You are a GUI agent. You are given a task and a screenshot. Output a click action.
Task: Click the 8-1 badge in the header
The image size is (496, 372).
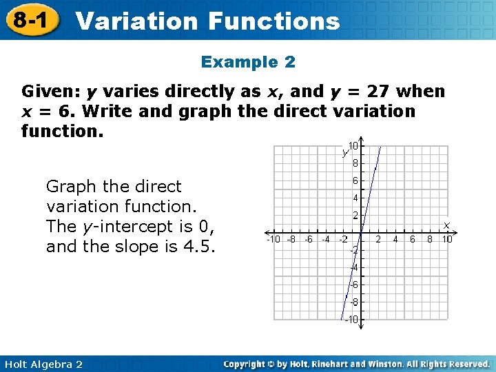click(29, 20)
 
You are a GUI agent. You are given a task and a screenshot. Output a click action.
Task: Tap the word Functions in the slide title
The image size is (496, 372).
click(273, 21)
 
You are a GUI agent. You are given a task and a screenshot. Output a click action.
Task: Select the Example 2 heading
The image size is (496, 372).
click(248, 62)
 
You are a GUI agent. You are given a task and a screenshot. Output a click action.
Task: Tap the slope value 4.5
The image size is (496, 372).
click(200, 246)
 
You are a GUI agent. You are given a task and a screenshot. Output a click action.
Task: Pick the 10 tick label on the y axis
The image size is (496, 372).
click(353, 146)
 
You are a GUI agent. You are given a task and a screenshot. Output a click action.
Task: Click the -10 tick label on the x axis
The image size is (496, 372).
click(274, 240)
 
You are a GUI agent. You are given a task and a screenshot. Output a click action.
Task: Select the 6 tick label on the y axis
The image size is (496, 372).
click(355, 180)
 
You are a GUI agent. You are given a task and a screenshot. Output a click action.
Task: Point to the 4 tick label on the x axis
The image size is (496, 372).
click(395, 240)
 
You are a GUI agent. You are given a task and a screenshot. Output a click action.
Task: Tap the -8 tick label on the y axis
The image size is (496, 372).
click(352, 302)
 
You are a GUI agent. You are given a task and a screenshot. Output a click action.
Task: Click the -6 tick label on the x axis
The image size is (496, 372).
click(309, 240)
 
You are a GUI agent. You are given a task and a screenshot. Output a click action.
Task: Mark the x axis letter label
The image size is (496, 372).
click(446, 225)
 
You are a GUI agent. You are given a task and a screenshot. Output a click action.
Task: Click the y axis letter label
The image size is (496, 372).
click(344, 152)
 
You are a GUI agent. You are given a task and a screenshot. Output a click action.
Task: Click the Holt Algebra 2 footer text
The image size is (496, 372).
click(42, 364)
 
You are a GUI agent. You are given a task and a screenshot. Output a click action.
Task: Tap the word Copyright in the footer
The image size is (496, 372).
click(246, 364)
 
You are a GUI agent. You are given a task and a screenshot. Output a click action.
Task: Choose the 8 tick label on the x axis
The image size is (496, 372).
click(429, 240)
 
